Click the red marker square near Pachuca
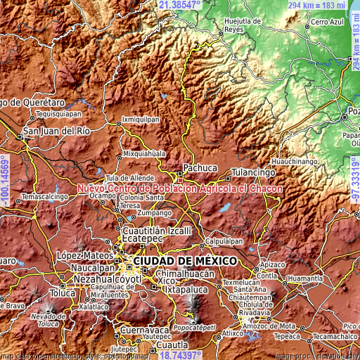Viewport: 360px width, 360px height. click(181, 180)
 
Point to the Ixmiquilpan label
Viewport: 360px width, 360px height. click(141, 120)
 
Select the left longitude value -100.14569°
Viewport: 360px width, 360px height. click(6, 180)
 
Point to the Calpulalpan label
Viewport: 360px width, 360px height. click(224, 240)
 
